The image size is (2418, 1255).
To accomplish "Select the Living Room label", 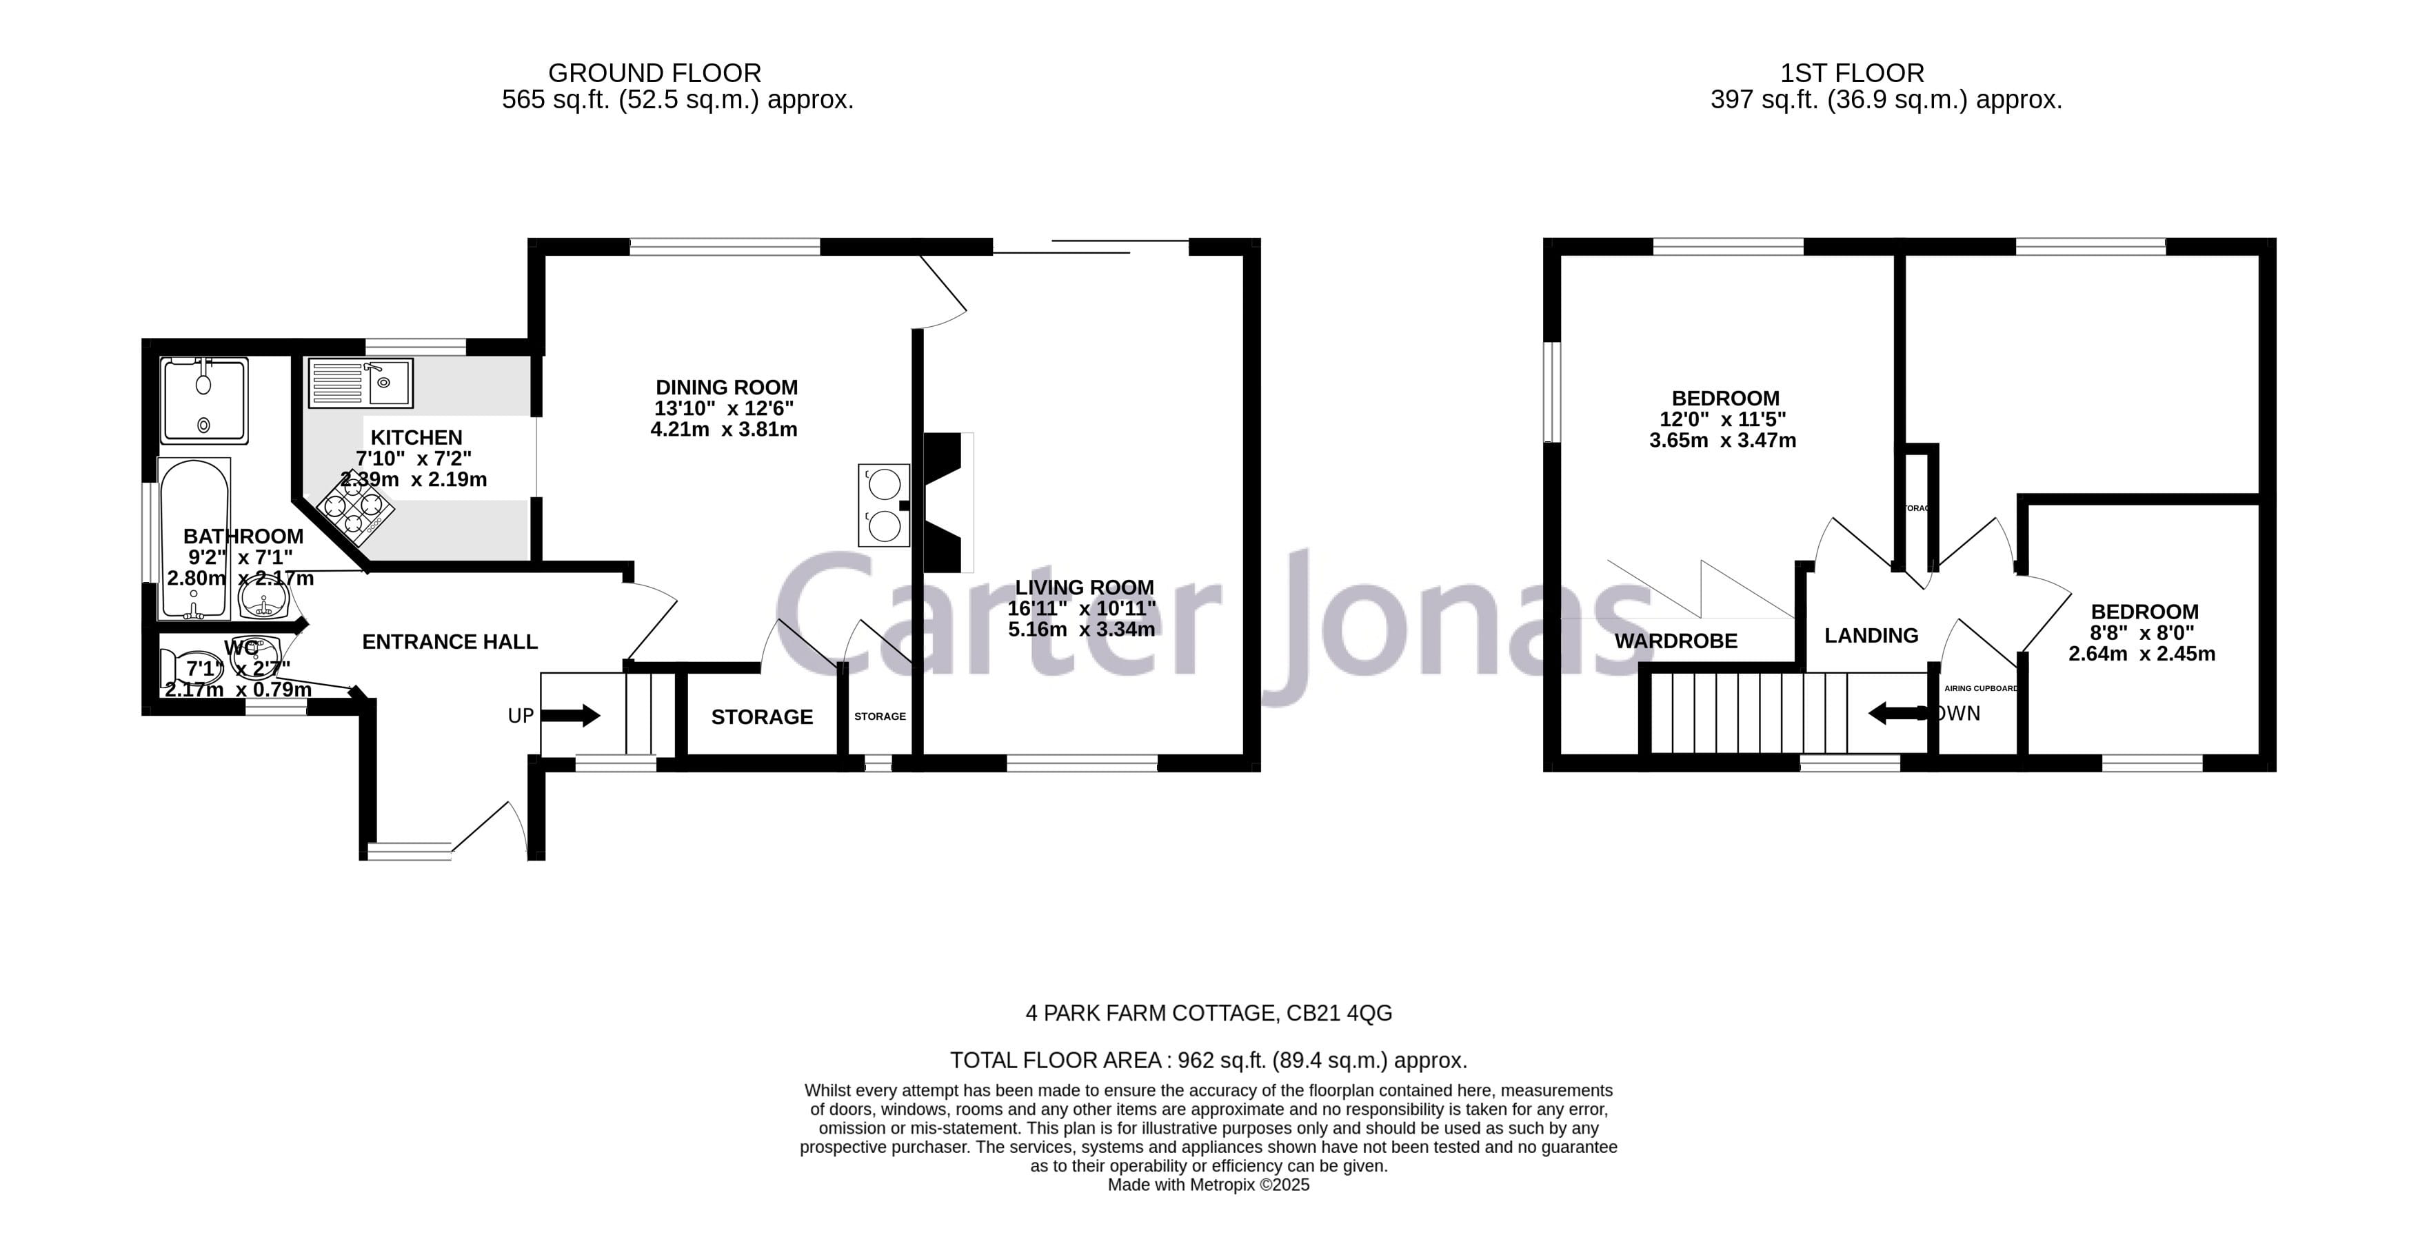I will (x=1082, y=588).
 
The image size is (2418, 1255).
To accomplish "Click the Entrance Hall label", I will (x=450, y=642).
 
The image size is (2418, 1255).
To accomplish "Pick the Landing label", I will (x=1871, y=636).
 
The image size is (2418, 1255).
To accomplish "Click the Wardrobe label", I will (x=1675, y=641).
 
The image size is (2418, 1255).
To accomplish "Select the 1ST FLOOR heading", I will (x=1852, y=73).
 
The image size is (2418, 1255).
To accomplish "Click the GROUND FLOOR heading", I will (x=654, y=73).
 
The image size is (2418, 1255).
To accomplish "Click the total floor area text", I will (x=1208, y=1061).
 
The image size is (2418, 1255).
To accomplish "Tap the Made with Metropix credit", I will (x=1208, y=1185).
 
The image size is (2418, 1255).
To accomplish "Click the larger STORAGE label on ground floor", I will (x=761, y=717).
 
